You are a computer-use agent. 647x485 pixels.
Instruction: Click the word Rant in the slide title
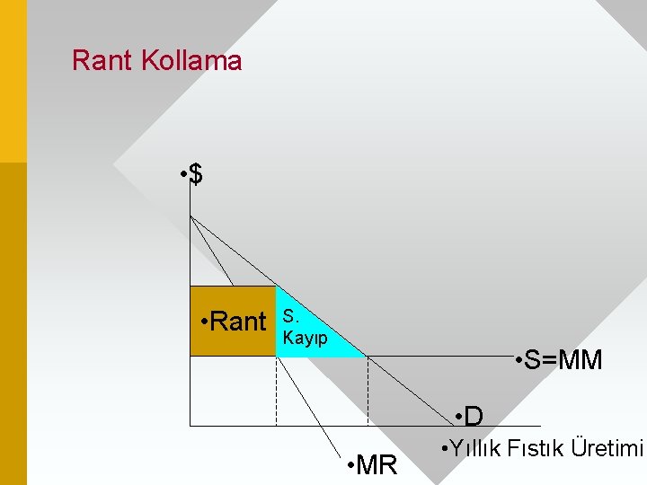[102, 61]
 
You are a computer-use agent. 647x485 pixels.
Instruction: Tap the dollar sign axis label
[196, 174]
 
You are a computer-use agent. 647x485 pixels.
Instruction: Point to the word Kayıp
[306, 339]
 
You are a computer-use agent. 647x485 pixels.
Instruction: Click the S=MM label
[563, 360]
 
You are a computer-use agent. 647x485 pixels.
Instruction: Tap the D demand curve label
[474, 417]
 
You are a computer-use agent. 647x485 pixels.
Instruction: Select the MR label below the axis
[377, 466]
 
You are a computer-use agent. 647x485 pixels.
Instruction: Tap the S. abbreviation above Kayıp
[290, 315]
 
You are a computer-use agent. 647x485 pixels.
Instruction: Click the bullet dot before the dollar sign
[182, 173]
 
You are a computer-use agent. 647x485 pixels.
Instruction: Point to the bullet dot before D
[458, 416]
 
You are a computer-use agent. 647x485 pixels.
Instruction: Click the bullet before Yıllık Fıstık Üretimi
[443, 447]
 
